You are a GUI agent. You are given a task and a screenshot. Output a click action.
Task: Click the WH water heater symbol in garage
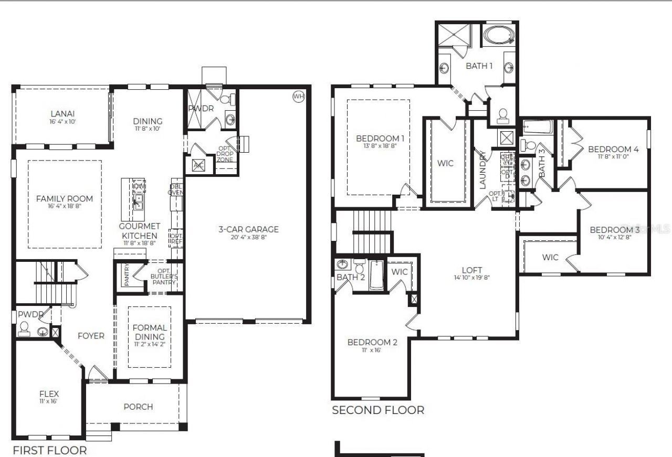tap(298, 96)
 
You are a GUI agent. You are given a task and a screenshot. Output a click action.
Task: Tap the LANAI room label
tap(62, 113)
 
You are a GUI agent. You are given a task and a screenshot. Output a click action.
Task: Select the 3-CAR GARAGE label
tap(248, 229)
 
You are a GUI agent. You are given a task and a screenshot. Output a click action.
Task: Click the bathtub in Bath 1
tap(500, 35)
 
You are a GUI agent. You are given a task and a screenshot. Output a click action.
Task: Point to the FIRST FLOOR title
tap(50, 450)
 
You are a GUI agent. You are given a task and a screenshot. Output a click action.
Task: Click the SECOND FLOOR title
tap(378, 410)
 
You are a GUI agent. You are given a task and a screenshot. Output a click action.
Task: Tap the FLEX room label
tap(49, 394)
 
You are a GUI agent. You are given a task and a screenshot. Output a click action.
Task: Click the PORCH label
tap(138, 407)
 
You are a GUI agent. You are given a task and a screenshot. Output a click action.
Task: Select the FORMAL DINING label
tap(150, 332)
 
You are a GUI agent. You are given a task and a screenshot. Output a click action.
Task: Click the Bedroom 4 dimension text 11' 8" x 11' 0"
tap(613, 156)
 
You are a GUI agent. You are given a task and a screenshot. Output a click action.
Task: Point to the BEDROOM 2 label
tap(372, 342)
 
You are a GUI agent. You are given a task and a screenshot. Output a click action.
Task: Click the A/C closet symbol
tap(198, 164)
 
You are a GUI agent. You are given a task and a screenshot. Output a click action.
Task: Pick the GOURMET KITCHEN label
tap(138, 230)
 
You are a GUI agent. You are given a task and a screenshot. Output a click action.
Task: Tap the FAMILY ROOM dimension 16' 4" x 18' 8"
tap(65, 206)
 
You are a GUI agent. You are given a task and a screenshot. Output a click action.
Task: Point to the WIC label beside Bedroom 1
tap(445, 163)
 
